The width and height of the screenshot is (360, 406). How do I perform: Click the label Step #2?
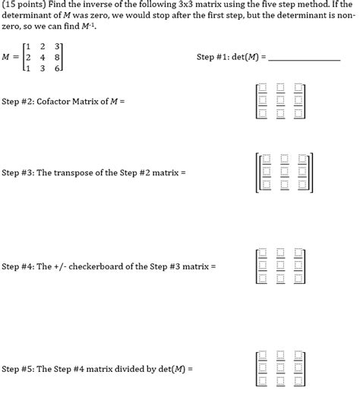pyautogui.click(x=16, y=101)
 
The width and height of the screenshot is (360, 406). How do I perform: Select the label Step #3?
pyautogui.click(x=16, y=173)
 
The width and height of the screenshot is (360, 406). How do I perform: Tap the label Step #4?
pyautogui.click(x=16, y=266)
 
